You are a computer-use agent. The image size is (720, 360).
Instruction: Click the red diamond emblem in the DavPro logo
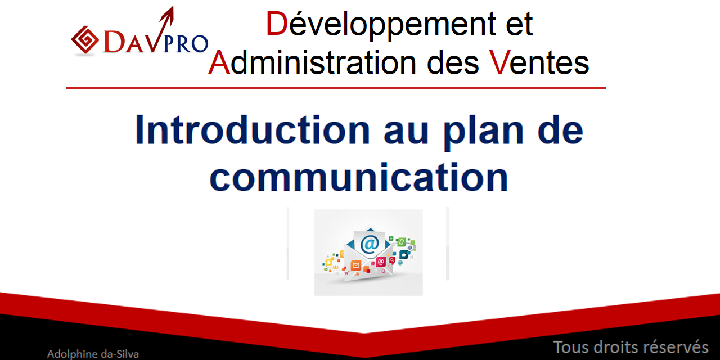85,40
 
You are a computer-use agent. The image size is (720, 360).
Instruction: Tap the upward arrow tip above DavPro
172,7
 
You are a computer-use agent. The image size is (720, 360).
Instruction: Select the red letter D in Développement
276,24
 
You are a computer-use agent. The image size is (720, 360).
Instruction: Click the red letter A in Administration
219,62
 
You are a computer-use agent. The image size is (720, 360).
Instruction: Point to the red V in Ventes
499,62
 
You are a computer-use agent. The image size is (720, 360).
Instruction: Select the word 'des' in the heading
453,62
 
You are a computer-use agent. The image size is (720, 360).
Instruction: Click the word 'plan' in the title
484,132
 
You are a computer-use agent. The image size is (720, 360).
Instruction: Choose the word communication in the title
359,177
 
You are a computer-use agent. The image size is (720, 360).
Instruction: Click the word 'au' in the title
406,132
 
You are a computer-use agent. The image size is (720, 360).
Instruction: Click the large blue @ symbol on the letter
370,244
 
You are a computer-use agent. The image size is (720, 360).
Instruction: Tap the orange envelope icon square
355,265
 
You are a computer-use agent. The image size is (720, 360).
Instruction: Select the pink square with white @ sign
381,262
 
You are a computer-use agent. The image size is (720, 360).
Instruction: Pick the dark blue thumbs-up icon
404,255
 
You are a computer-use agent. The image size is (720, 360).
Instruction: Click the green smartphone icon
402,242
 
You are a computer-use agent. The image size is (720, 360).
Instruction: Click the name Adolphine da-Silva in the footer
93,354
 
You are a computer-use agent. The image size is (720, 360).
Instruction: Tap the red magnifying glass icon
392,260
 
